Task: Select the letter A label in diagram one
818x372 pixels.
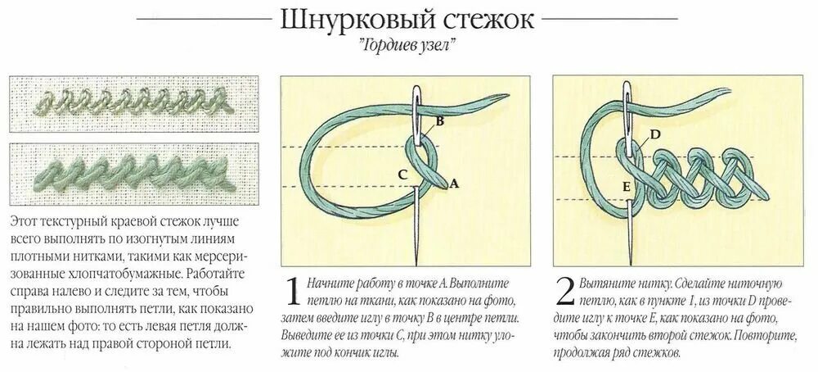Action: pos(454,185)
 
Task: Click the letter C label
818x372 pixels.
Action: pos(402,174)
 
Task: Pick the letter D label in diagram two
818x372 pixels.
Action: pos(655,134)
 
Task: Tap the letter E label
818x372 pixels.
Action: pos(626,187)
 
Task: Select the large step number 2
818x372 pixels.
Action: pos(563,294)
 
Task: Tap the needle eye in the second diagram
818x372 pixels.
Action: pos(629,102)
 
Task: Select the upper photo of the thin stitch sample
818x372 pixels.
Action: pos(124,105)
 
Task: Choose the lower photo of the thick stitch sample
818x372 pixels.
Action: pos(124,175)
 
